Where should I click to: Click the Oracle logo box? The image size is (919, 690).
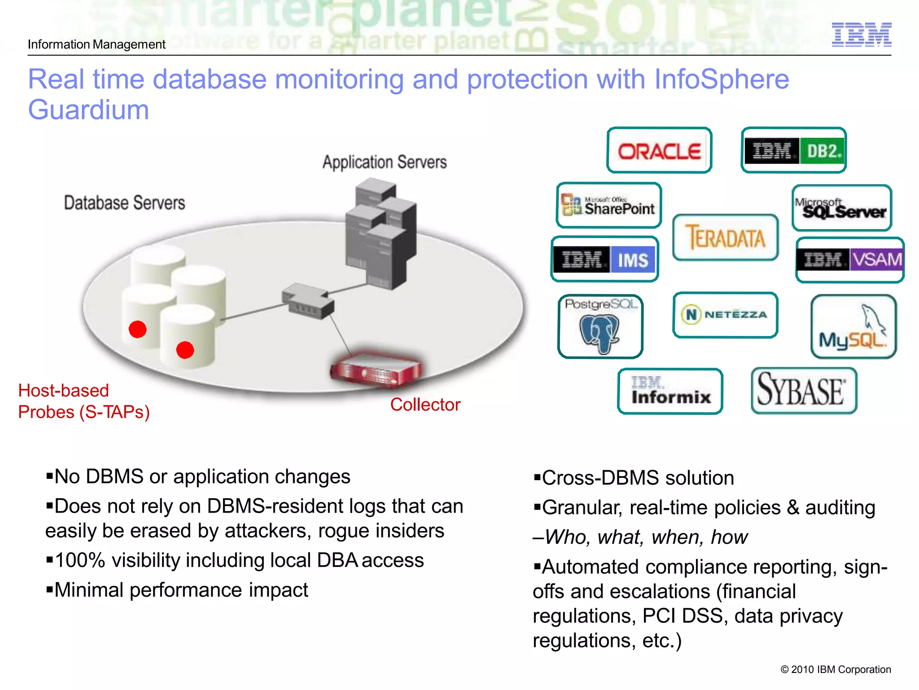[659, 150]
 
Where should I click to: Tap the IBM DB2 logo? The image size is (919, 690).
[793, 150]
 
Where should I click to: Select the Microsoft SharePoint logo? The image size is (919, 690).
[608, 206]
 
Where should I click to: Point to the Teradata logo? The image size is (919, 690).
[725, 238]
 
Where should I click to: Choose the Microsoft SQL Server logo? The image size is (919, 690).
[842, 208]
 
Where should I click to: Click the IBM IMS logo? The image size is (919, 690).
[604, 259]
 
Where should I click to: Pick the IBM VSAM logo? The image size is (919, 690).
[849, 260]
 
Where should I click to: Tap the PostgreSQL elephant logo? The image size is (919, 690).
[600, 327]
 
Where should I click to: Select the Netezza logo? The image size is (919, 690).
[725, 315]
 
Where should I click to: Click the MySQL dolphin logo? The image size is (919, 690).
[853, 327]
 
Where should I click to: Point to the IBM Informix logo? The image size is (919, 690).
[670, 391]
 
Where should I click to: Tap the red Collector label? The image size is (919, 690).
[425, 405]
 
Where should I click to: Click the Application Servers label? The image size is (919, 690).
[385, 162]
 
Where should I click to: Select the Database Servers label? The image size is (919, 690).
[124, 203]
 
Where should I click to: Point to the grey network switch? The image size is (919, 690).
[308, 301]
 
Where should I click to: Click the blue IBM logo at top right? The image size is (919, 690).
[861, 35]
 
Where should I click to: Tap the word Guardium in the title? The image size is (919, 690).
[88, 110]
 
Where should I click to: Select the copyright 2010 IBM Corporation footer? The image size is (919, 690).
[835, 669]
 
